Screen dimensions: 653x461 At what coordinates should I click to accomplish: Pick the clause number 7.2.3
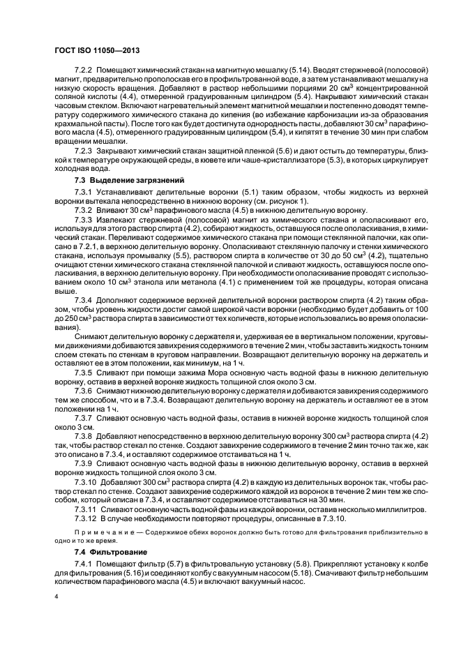click(x=83, y=150)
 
